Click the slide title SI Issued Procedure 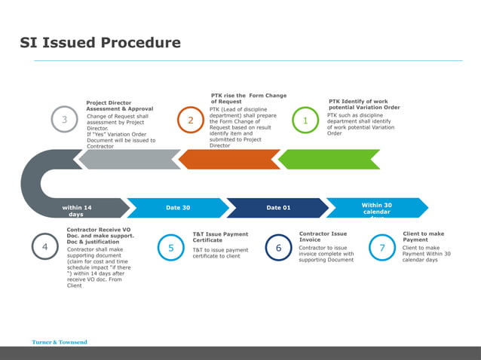100,43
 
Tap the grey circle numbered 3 65,121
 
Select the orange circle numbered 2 191,121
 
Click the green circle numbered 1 305,121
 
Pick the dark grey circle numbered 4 45,247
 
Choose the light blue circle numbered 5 171,248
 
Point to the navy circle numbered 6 279,248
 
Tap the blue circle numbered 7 382,248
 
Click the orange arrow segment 229,159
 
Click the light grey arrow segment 129,159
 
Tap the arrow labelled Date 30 178,208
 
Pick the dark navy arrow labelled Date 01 278,208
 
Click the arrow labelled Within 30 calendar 377,208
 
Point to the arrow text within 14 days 76,211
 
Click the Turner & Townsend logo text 60,342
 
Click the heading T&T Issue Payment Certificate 220,237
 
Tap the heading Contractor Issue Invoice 323,236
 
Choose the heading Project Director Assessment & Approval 119,105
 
